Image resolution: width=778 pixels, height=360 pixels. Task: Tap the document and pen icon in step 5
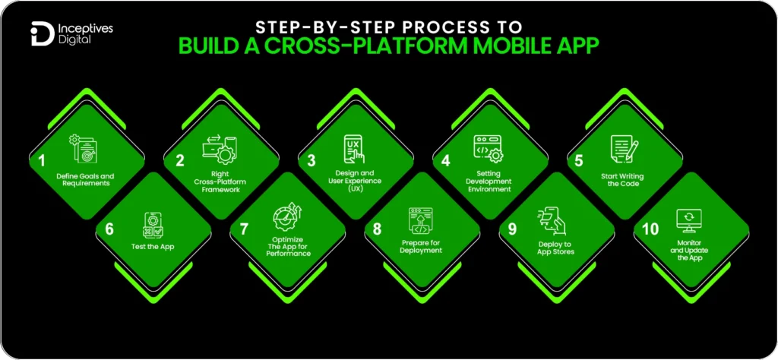tap(621, 148)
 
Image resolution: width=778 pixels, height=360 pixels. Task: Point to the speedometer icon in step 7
tap(289, 216)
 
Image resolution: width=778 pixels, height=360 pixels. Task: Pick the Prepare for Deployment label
tap(422, 247)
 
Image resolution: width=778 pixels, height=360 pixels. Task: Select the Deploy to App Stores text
tap(555, 247)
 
